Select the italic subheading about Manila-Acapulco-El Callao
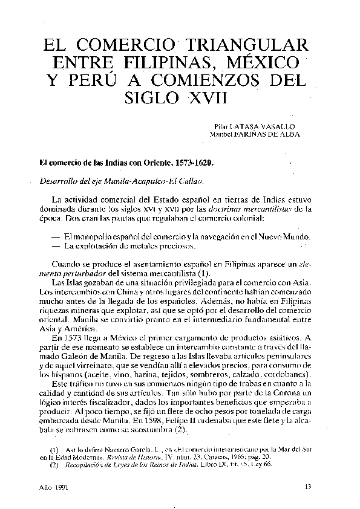[121, 181]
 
